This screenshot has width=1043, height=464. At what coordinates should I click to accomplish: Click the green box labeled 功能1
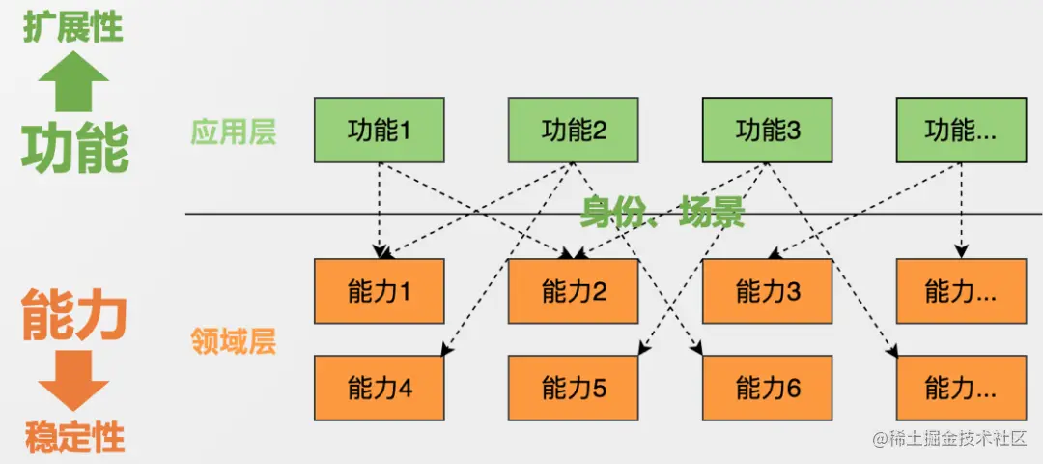pyautogui.click(x=380, y=130)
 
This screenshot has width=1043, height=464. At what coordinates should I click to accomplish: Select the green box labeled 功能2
pyautogui.click(x=574, y=130)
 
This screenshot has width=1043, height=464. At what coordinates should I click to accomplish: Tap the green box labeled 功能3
pyautogui.click(x=768, y=130)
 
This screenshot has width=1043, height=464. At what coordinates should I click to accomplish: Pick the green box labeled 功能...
pyautogui.click(x=961, y=130)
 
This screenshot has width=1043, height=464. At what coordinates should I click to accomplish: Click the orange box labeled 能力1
pyautogui.click(x=380, y=291)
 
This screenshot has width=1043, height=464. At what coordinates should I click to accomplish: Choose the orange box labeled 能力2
pyautogui.click(x=574, y=291)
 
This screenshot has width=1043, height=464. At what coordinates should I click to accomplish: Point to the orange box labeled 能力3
pyautogui.click(x=768, y=291)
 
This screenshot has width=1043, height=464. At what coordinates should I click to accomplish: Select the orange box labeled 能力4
pyautogui.click(x=380, y=388)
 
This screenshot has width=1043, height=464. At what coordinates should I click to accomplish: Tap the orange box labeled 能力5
pyautogui.click(x=574, y=388)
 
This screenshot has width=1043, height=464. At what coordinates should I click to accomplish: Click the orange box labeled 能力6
pyautogui.click(x=768, y=388)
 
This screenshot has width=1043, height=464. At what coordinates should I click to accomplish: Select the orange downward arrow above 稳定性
pyautogui.click(x=73, y=381)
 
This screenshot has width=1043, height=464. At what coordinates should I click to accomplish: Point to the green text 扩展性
pyautogui.click(x=74, y=27)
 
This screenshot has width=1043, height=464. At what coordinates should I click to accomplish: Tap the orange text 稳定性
pyautogui.click(x=74, y=437)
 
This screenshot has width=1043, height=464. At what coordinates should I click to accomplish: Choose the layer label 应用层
pyautogui.click(x=233, y=131)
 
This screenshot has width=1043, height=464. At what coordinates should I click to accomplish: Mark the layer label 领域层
pyautogui.click(x=233, y=340)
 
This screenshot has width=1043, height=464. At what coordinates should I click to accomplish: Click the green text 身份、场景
pyautogui.click(x=662, y=212)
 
